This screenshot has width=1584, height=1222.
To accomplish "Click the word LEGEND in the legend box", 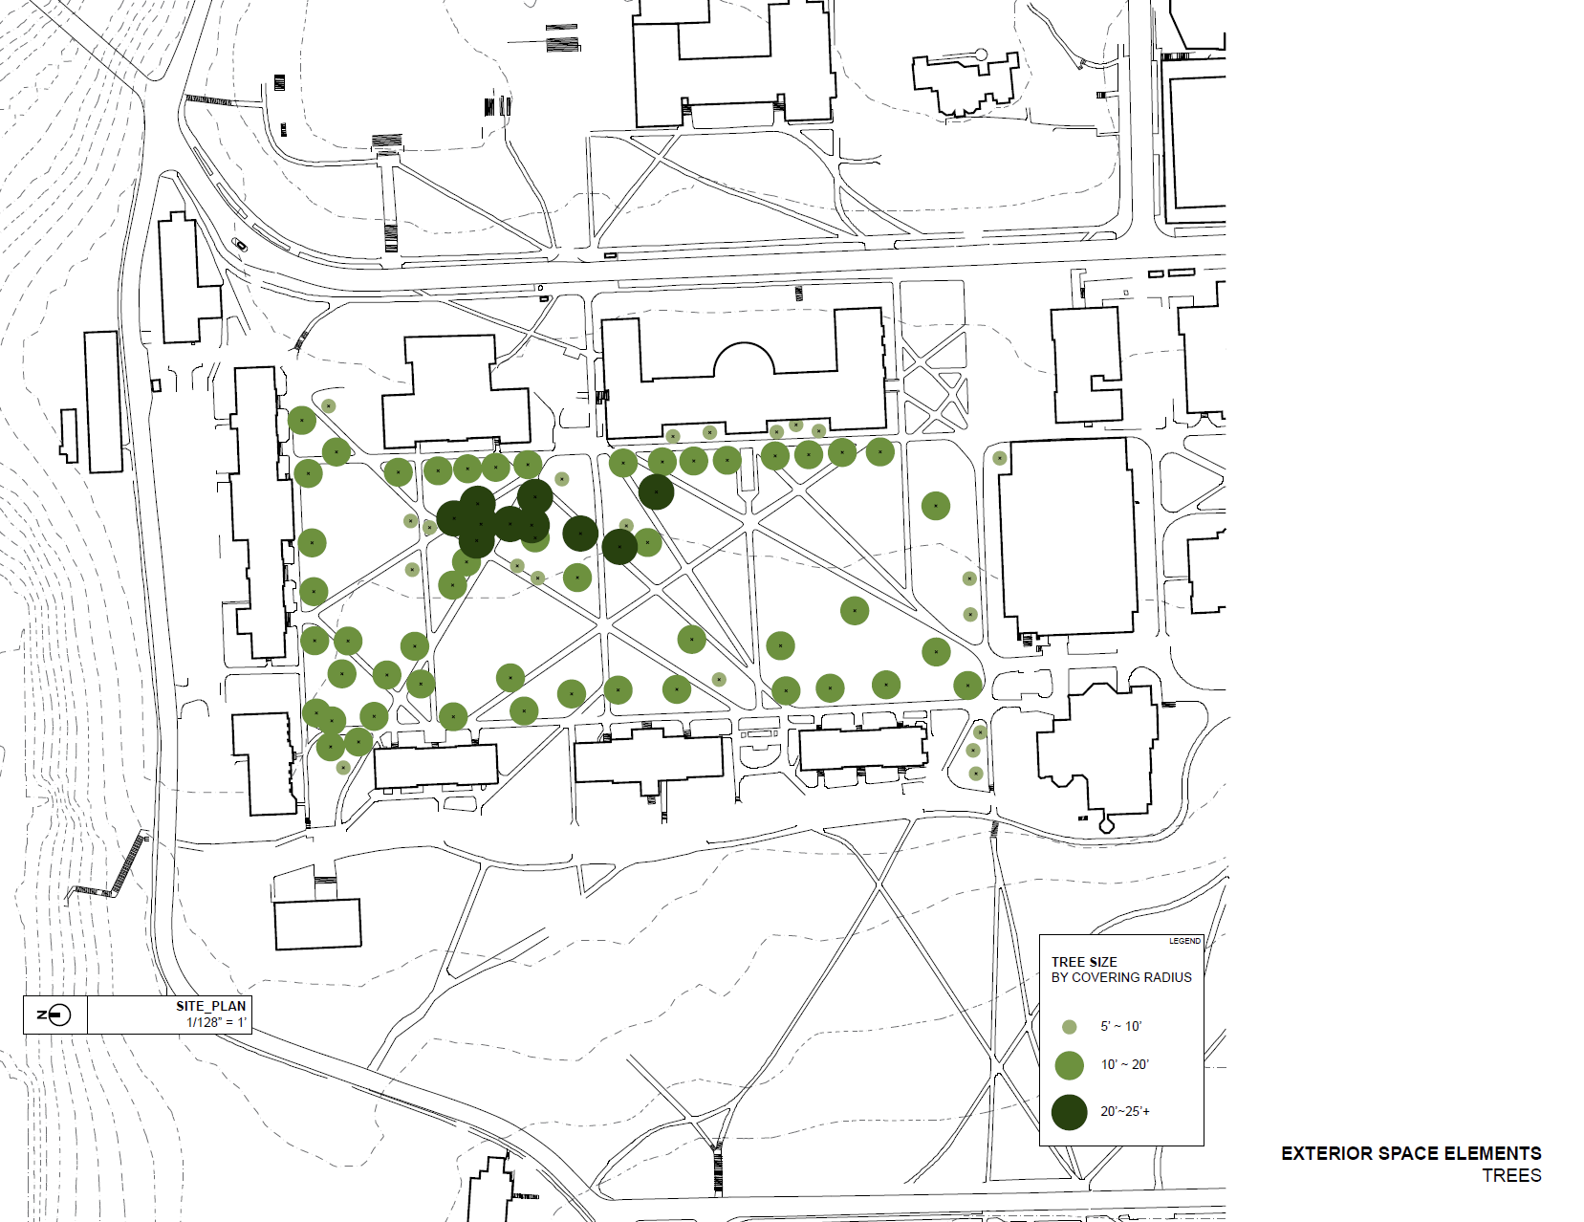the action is tap(1184, 941).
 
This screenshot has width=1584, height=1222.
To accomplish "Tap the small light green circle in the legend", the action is tap(1070, 1027).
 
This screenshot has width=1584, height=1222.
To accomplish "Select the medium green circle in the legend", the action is tap(1070, 1065).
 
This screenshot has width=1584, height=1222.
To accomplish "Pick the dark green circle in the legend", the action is tap(1070, 1112).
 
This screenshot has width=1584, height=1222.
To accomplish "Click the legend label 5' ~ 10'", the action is tap(1120, 1027).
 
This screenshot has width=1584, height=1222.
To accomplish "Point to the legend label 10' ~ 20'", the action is tap(1124, 1064).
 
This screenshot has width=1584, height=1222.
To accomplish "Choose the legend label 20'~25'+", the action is tap(1125, 1111).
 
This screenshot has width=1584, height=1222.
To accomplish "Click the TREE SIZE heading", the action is tap(1084, 962).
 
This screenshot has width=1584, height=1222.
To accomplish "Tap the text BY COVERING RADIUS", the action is tap(1121, 977).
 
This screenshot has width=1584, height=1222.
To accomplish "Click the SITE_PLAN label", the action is tap(210, 1006).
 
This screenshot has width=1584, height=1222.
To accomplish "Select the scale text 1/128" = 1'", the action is tap(216, 1022).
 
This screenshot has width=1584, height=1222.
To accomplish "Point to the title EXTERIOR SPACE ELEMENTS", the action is tap(1411, 1153).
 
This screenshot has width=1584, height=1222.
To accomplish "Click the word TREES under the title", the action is tap(1511, 1176).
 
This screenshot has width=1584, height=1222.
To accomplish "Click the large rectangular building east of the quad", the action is tap(1068, 535).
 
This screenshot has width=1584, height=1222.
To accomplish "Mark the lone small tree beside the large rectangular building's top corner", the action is tap(999, 458).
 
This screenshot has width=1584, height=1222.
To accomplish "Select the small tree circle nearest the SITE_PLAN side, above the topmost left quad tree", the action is tap(328, 406).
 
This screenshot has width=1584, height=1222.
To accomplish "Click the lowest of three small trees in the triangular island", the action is tap(975, 774).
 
